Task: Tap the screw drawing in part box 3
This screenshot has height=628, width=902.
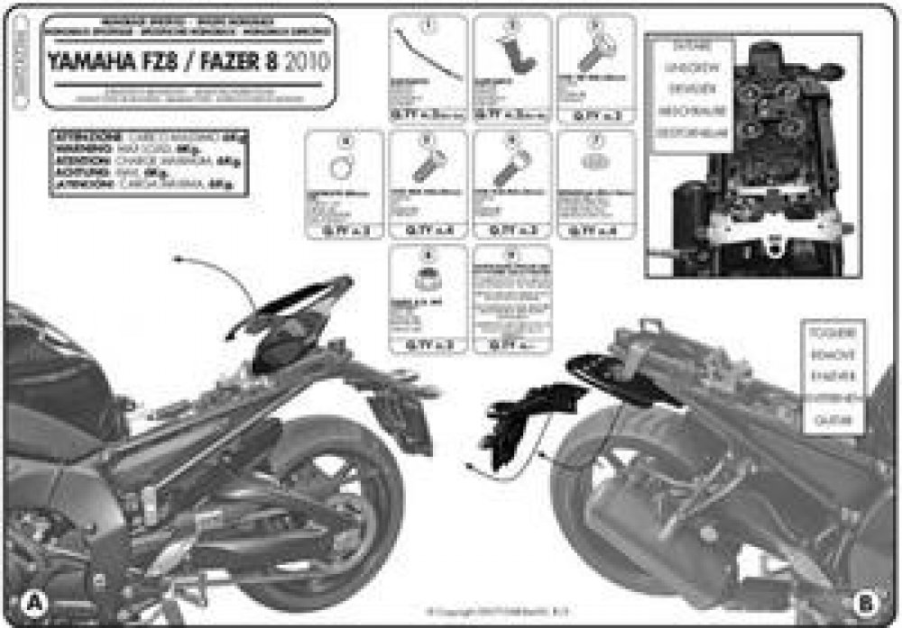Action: (x=594, y=56)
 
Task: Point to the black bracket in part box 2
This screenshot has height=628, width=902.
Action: (x=516, y=54)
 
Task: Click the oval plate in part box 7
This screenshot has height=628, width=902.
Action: (x=595, y=162)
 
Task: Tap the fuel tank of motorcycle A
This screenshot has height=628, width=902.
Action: (x=54, y=369)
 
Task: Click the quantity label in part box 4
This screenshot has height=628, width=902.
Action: (x=344, y=231)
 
